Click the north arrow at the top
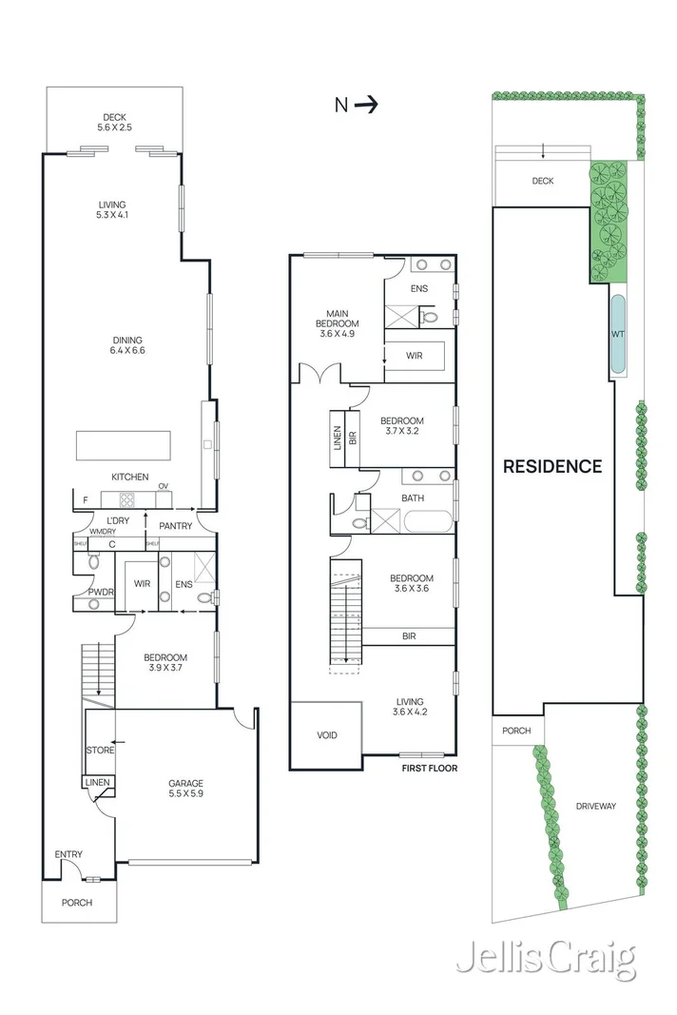tap(366, 106)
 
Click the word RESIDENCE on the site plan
tap(552, 466)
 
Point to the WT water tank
tap(618, 334)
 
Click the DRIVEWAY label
tap(596, 806)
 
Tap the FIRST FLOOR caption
tap(428, 766)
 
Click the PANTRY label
tap(175, 526)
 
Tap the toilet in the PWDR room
tap(93, 561)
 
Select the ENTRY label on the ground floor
tap(68, 854)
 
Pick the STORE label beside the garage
tap(100, 751)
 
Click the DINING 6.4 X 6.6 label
tap(126, 345)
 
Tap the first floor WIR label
tap(415, 356)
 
